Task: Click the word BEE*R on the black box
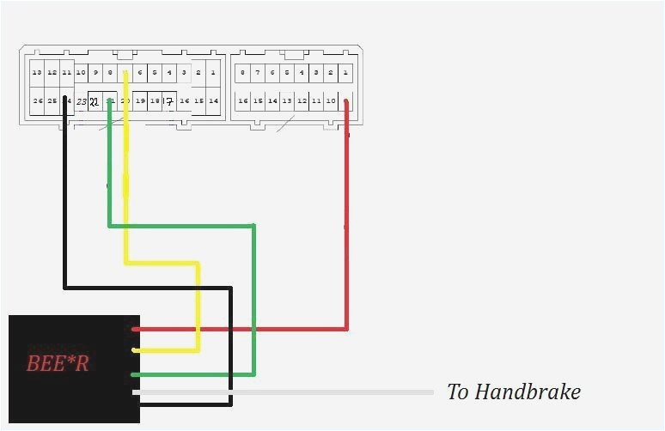tap(58, 363)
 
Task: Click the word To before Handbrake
tap(457, 392)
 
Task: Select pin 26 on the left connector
tap(37, 101)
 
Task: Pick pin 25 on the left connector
tap(52, 101)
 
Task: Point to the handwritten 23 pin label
tap(81, 102)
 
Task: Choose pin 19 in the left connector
tap(140, 101)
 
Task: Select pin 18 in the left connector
tap(155, 101)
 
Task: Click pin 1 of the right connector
tap(345, 73)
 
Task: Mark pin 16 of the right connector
tap(243, 101)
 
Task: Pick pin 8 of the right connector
tap(243, 73)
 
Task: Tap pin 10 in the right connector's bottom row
tap(331, 101)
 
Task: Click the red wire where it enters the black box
tap(136, 329)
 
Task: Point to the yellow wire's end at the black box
tap(136, 350)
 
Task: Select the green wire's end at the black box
tap(136, 374)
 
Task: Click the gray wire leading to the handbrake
tap(284, 392)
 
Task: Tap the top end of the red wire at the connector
tap(346, 103)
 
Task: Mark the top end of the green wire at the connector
tap(109, 104)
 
